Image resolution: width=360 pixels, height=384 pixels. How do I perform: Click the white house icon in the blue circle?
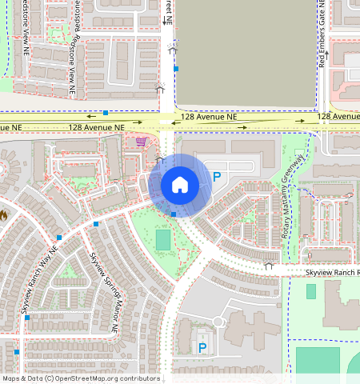[180, 185]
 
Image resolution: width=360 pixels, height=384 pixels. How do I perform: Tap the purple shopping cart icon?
[142, 142]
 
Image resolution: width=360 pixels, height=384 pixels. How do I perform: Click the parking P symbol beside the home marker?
[216, 177]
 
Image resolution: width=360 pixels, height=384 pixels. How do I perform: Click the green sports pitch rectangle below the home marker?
[163, 239]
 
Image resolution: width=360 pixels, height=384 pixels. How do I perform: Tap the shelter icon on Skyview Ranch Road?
[269, 265]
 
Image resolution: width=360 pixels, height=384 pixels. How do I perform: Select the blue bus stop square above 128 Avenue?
[105, 113]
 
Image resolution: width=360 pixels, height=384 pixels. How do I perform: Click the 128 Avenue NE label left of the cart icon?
[96, 127]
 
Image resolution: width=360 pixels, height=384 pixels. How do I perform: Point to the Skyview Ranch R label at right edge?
[332, 273]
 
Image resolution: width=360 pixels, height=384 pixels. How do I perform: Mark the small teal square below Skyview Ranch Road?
[311, 291]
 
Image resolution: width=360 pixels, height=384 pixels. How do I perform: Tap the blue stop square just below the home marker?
[174, 214]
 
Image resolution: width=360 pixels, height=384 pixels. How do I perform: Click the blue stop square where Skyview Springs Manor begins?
[95, 225]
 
